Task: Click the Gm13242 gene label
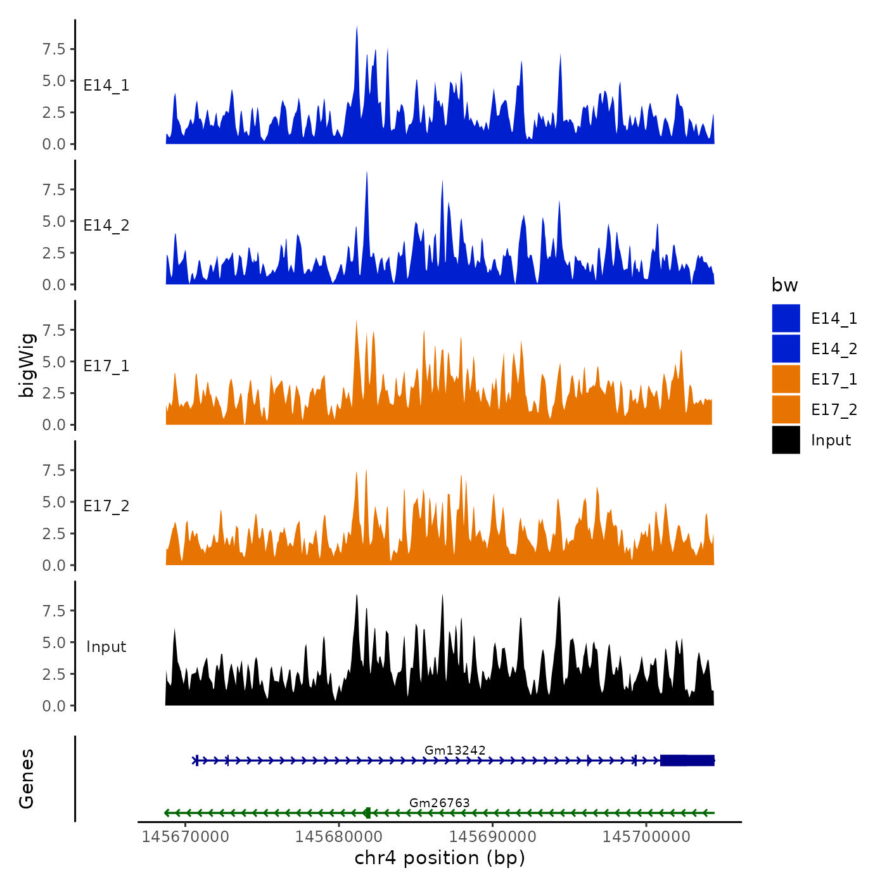pyautogui.click(x=455, y=750)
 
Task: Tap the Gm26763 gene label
pyautogui.click(x=439, y=803)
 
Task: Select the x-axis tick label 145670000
pyautogui.click(x=186, y=837)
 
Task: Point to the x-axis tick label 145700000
pyautogui.click(x=646, y=837)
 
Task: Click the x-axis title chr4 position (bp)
pyautogui.click(x=440, y=858)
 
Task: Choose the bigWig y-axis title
pyautogui.click(x=27, y=365)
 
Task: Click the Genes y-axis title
pyautogui.click(x=27, y=779)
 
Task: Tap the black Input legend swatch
pyautogui.click(x=786, y=440)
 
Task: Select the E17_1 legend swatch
pyautogui.click(x=786, y=379)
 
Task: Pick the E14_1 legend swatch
pyautogui.click(x=786, y=318)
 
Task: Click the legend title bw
pyautogui.click(x=784, y=285)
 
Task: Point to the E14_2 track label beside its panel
pyautogui.click(x=106, y=226)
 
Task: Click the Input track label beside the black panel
pyautogui.click(x=106, y=647)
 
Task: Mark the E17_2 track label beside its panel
pyautogui.click(x=106, y=506)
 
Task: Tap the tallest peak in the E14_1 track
pyautogui.click(x=357, y=28)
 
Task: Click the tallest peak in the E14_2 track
pyautogui.click(x=366, y=173)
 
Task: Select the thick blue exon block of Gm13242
pyautogui.click(x=687, y=760)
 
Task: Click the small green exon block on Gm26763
pyautogui.click(x=367, y=813)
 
